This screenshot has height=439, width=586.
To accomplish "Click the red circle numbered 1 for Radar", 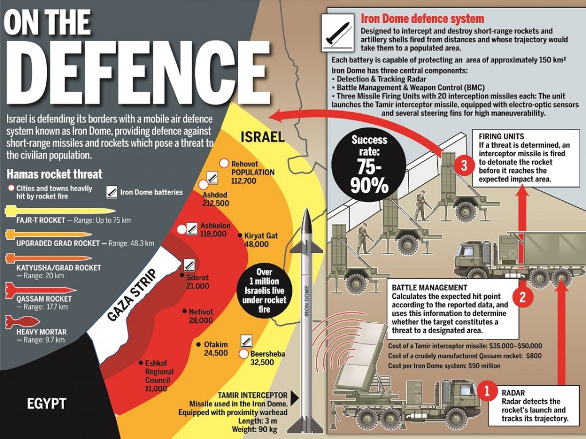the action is coord(486,391).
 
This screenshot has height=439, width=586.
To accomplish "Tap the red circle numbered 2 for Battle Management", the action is coord(522,297).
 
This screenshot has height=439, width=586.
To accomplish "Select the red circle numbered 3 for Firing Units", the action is coord(464,165).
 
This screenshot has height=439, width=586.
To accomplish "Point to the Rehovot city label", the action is coord(244,164).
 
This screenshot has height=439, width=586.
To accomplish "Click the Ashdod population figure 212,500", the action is coord(216,203).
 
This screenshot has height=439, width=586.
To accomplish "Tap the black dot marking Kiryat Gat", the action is coord(240,236).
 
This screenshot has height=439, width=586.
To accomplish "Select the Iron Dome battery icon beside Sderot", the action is coord(189,265).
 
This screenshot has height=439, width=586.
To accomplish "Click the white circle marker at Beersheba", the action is coord(244,353).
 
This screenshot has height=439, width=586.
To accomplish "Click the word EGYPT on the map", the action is coord(47,404).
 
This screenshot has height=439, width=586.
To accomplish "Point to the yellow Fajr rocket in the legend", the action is coord(60,211).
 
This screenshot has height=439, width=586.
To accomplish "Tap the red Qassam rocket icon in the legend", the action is coord(41,290).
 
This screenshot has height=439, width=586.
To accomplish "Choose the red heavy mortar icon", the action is coord(22,322).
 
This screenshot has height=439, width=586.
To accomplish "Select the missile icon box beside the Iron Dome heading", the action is coord(338,33).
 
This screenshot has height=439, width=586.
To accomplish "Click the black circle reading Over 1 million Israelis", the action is coord(264,291).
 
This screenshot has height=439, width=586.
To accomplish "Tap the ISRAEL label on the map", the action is coord(262,137).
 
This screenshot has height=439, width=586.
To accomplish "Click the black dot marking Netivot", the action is coord(184,311).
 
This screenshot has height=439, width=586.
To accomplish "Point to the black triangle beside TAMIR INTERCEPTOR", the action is coord(295,398).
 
